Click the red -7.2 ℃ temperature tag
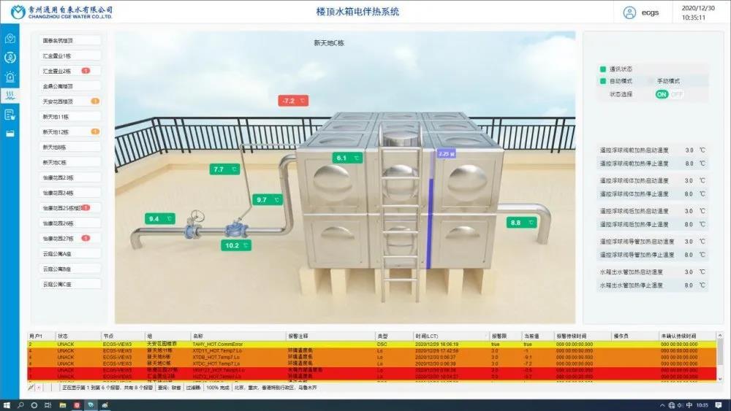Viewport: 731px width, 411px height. pyautogui.click(x=293, y=101)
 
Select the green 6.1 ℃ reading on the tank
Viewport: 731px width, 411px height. pyautogui.click(x=347, y=158)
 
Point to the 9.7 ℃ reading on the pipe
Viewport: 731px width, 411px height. pyautogui.click(x=268, y=199)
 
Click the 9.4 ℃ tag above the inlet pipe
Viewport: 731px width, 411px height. pyautogui.click(x=160, y=218)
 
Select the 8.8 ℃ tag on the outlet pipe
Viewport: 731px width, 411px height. pyautogui.click(x=521, y=223)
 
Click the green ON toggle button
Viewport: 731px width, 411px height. pyautogui.click(x=662, y=94)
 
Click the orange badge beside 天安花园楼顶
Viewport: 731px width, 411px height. pyautogui.click(x=95, y=101)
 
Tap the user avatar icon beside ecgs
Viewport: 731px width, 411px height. pyautogui.click(x=629, y=12)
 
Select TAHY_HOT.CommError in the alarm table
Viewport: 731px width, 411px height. pyautogui.click(x=217, y=344)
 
